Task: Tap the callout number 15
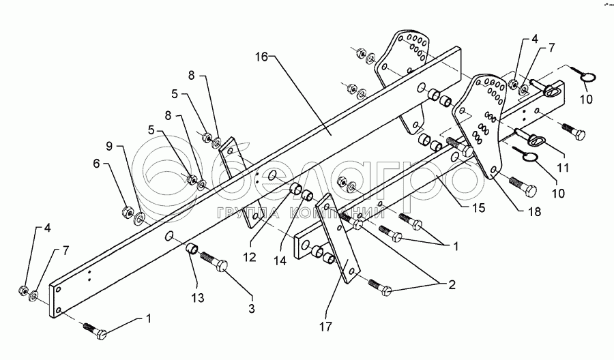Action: click(478, 208)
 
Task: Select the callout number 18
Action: click(534, 211)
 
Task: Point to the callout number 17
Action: click(326, 327)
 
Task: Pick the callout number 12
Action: click(250, 257)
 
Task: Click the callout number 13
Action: click(198, 298)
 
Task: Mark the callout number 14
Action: click(280, 260)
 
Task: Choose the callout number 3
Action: click(252, 308)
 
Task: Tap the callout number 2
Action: click(452, 285)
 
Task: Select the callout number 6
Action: click(97, 164)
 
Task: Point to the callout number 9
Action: click(109, 147)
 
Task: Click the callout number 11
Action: click(563, 168)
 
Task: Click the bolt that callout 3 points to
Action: click(215, 262)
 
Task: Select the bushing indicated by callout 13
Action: click(192, 248)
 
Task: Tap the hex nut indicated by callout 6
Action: click(128, 211)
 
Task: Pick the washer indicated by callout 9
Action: click(139, 219)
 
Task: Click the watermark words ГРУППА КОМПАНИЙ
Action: click(300, 213)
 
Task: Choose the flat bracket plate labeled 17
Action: click(337, 238)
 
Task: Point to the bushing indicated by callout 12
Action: click(295, 187)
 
